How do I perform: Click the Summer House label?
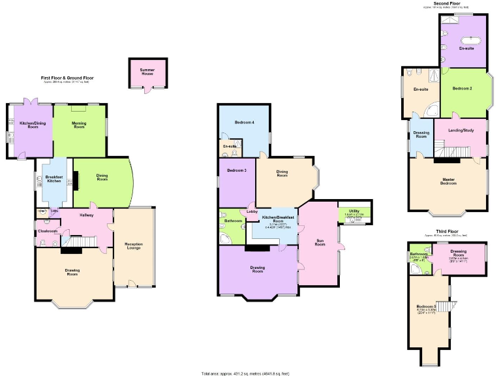[147, 71]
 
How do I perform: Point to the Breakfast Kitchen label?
[52, 178]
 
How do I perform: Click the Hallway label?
[87, 215]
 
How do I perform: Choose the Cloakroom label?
[48, 231]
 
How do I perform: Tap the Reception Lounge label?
[133, 246]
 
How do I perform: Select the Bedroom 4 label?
[245, 123]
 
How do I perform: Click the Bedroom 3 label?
[236, 170]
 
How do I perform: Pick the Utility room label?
[353, 211]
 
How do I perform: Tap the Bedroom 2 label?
[462, 88]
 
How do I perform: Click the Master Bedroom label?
[448, 181]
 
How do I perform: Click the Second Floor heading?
[448, 4]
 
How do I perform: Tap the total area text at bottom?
[250, 373]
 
